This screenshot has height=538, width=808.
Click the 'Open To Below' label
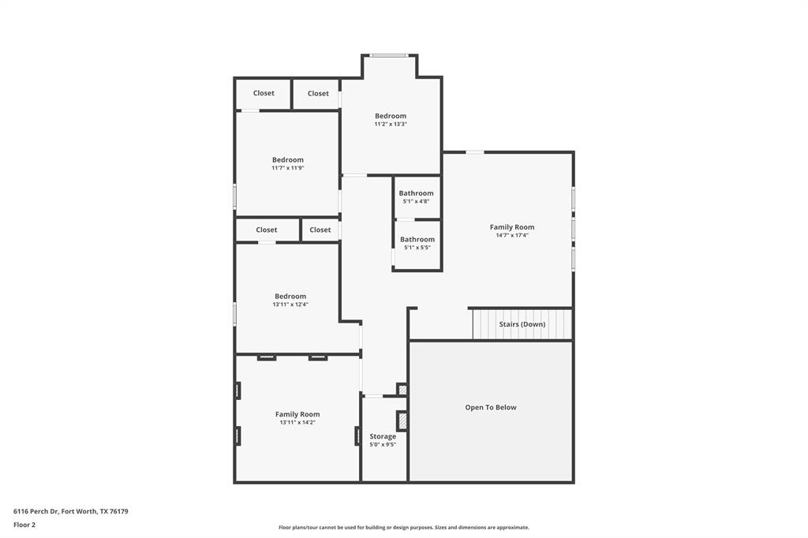490,408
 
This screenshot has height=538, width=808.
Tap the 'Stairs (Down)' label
522,324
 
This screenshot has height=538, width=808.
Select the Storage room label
383,436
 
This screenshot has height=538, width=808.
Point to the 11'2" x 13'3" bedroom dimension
391,125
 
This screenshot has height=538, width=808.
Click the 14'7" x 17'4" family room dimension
512,235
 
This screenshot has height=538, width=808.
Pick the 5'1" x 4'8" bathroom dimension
416,201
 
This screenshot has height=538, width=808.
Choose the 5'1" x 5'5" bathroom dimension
417,248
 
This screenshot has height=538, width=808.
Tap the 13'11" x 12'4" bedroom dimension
290,304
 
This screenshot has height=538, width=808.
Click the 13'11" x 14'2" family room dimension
297,422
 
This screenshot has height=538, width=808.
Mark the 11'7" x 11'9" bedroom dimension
288,168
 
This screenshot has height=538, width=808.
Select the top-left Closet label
264,93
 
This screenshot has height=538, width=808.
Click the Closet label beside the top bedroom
318,93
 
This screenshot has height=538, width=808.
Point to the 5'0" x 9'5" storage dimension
383,445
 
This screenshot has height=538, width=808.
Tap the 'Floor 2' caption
24,525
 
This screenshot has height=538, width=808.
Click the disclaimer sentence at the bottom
403,528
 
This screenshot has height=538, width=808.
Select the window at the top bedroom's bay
390,55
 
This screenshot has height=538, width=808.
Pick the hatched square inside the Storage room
402,421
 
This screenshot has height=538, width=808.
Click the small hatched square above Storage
402,389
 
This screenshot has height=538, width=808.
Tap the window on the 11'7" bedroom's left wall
234,196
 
